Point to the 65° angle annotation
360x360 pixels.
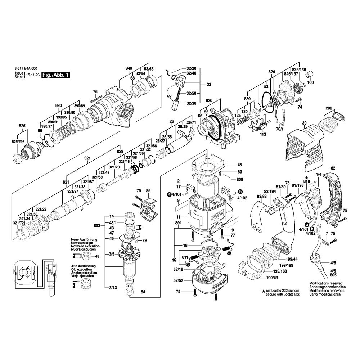169,96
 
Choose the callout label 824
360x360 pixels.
271,72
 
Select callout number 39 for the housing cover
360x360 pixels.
304,123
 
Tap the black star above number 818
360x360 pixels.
306,177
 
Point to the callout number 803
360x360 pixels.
96,226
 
